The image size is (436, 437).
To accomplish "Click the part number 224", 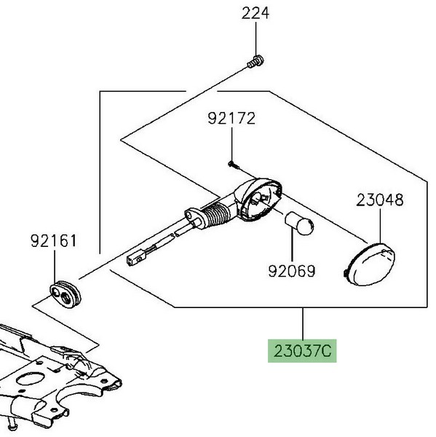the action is coord(255,13).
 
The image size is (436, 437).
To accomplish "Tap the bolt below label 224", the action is coord(255,62).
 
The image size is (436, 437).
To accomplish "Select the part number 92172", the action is coord(231,118).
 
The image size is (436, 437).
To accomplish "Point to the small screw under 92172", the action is coord(234,165).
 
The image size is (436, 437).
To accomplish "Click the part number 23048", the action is coord(380,200).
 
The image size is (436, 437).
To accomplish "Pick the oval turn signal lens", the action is coord(370,264).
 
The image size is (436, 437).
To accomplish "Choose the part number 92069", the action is coord(292,271).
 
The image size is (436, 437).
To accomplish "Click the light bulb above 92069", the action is coord(299,224).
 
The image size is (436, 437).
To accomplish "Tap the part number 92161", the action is coord(53,241).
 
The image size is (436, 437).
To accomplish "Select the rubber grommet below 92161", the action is coord(66,295).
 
